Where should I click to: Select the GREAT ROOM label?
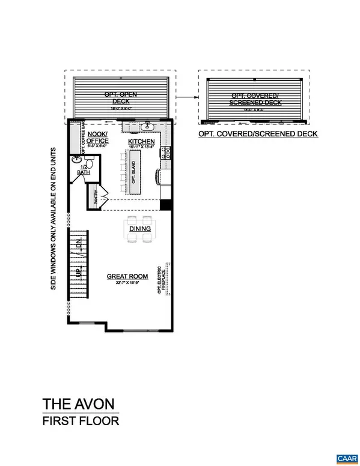tap(127, 276)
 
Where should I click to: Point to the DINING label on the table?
tap(139, 228)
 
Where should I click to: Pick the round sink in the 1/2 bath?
tap(76, 160)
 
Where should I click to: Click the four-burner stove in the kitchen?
tap(163, 153)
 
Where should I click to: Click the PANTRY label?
tap(94, 196)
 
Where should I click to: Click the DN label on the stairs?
tap(78, 246)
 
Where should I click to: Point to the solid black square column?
tap(166, 205)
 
